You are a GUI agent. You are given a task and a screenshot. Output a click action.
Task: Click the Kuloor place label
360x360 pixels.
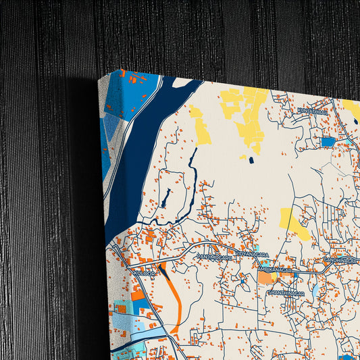coord(144,272)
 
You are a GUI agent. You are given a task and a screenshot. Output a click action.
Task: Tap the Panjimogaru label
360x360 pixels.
coord(214,257)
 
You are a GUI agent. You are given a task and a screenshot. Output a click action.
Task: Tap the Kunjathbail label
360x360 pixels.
coord(312,110)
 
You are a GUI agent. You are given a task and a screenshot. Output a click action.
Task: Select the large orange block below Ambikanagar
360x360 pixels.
coord(265,278)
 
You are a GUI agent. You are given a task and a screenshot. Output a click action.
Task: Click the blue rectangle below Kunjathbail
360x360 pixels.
coord(328,142)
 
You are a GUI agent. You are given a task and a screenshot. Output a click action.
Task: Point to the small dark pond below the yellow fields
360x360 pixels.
coord(251,160)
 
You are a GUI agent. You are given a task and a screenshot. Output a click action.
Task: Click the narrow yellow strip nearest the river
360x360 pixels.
coord(201,128)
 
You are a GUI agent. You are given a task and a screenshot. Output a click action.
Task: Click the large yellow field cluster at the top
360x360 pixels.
coord(247,115)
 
